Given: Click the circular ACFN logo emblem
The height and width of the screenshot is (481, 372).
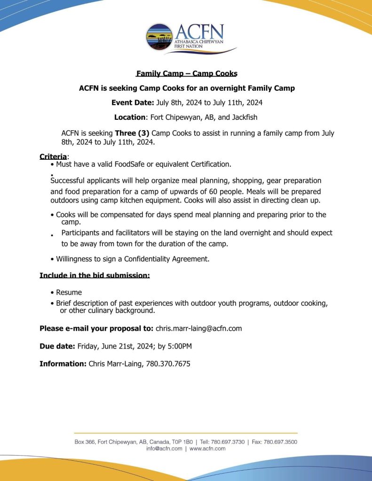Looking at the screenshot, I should [x=159, y=37].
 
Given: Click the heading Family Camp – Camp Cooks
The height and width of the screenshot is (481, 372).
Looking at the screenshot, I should [x=187, y=73].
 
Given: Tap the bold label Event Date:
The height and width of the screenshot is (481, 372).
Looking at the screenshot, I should [x=133, y=102].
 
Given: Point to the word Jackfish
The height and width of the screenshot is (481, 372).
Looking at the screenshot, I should [x=243, y=117].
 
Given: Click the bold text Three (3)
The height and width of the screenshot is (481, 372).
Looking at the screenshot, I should [x=132, y=133].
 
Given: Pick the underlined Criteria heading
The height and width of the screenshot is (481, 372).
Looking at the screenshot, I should [x=53, y=156].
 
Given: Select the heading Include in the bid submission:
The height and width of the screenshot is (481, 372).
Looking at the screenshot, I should [x=95, y=275].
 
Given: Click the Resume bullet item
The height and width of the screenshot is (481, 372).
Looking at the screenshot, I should [x=69, y=292].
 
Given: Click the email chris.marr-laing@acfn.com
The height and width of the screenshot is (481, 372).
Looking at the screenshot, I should [x=198, y=328].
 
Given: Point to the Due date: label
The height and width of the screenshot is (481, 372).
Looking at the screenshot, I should [x=57, y=346].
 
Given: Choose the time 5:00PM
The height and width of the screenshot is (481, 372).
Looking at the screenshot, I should [x=178, y=346].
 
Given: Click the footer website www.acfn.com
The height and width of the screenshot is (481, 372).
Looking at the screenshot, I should [x=207, y=449].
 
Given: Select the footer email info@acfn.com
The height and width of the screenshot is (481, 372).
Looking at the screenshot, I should [x=164, y=449].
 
